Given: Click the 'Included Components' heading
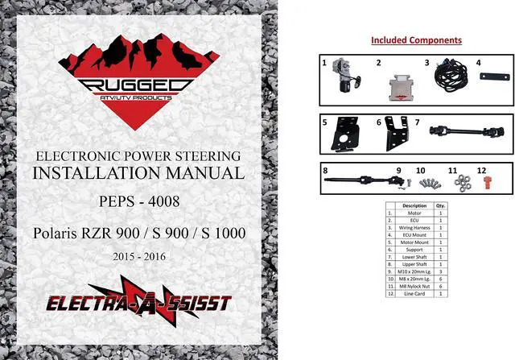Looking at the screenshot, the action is (x=416, y=40).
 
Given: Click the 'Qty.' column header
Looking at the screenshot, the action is (x=440, y=205).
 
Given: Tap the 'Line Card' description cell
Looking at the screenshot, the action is (x=414, y=292).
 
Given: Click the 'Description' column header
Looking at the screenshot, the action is (x=414, y=205).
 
